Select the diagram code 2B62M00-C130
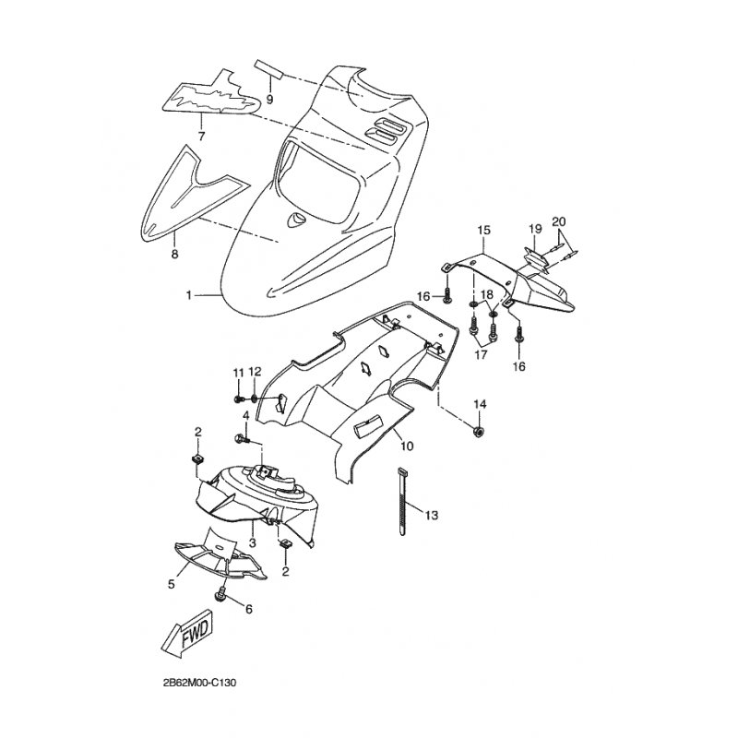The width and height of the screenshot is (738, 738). pos(199,683)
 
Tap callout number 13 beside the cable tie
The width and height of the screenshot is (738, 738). pos(431,515)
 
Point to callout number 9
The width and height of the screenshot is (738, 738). pos(269,100)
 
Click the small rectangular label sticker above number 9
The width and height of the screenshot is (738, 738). pos(268,69)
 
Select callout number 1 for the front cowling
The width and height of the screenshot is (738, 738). pos(189,295)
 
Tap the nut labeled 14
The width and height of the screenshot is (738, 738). pos(479,432)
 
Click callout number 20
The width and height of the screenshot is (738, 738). pos(559,221)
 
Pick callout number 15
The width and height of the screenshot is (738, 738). pos(483,230)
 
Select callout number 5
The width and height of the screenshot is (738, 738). pos(172,584)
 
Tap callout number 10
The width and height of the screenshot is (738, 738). pos(407,446)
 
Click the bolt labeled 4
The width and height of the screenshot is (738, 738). pos(243,439)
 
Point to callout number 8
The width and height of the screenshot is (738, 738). pos(174,255)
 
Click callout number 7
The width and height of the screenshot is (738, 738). pos(201,137)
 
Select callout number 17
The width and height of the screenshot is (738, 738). pos(481,354)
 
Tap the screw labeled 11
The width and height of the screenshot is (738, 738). pos(239,399)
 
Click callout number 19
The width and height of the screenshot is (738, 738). pos(535,229)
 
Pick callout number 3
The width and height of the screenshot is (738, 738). pos(252,542)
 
